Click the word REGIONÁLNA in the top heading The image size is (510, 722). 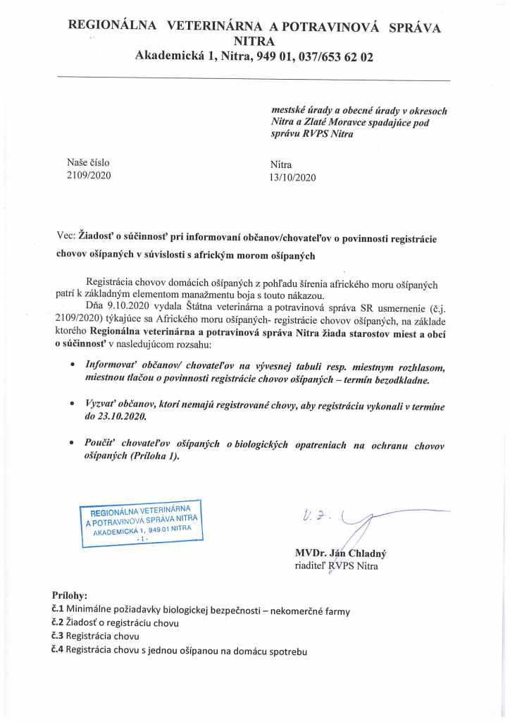[112, 27]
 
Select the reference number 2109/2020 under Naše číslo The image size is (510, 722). [89, 175]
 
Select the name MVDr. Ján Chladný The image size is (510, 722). [340, 553]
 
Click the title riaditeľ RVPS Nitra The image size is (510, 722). [335, 565]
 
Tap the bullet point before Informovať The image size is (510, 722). [75, 367]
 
